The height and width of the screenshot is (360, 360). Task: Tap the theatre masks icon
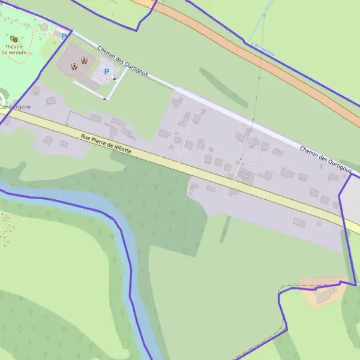tap(14, 39)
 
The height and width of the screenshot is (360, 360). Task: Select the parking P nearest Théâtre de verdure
tap(64, 37)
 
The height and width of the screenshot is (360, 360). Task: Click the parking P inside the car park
tap(107, 72)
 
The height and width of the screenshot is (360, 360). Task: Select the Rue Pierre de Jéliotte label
tap(106, 144)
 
